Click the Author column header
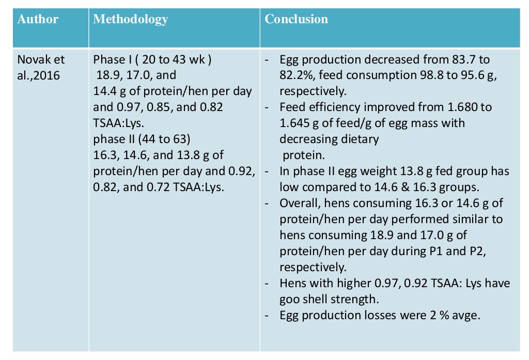pos(38,20)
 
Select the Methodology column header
pos(130,20)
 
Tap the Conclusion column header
pos(296,20)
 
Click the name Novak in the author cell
pos(34,59)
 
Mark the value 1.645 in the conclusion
pos(296,123)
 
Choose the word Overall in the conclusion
pos(299,203)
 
